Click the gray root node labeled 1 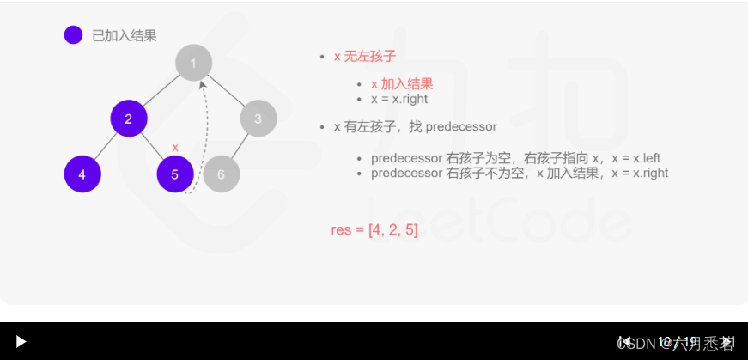(193, 63)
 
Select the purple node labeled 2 (129, 119)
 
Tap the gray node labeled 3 (258, 119)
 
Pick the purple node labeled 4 (82, 174)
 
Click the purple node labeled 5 (175, 174)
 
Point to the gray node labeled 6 (222, 174)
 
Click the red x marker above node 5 (175, 148)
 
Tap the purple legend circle (73, 35)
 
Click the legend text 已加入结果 (125, 35)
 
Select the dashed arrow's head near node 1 (202, 84)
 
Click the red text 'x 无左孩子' (364, 56)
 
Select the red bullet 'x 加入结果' (401, 84)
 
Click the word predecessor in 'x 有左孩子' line (461, 126)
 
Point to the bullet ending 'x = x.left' (515, 159)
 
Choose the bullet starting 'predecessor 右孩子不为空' (519, 173)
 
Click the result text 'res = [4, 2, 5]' (374, 229)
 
